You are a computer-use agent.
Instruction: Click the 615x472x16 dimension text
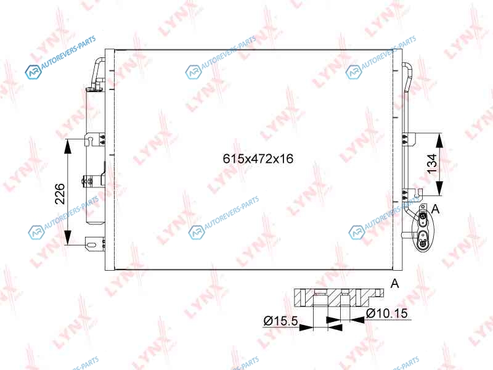coord(258,158)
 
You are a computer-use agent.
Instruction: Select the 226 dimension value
coord(60,194)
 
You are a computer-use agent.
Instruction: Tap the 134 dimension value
coord(433,163)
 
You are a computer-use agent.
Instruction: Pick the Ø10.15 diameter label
coord(387,313)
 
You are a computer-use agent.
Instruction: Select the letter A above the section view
coord(394,283)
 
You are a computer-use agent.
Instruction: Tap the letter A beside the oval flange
coord(436,208)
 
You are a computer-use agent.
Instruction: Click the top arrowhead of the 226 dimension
coord(68,146)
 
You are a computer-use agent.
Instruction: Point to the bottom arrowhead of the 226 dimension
coord(68,237)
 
